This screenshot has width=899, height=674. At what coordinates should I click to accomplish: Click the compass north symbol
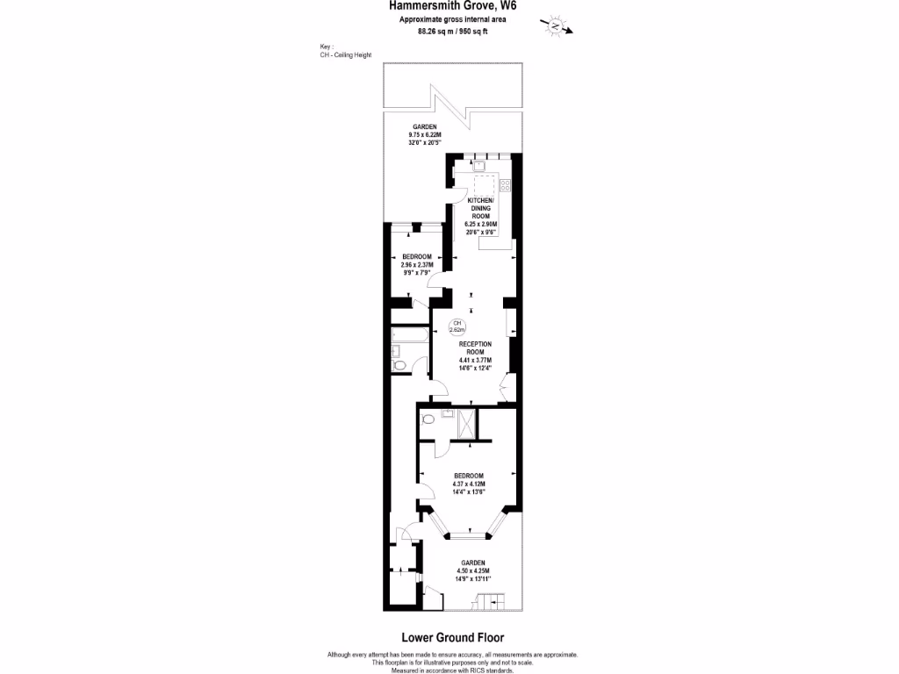556,25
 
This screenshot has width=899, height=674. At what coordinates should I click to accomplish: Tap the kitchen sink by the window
480,164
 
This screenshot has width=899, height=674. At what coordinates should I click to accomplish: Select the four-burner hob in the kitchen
506,185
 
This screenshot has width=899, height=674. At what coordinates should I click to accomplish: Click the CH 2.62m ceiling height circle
457,327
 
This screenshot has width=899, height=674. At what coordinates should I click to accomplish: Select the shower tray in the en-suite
465,423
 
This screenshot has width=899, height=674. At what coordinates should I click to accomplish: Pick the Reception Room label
475,348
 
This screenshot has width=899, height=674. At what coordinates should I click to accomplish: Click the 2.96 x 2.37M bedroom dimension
417,264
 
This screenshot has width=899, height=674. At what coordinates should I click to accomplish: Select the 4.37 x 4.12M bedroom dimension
469,484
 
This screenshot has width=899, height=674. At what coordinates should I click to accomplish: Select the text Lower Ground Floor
452,638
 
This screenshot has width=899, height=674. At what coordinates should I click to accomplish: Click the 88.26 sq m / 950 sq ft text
453,32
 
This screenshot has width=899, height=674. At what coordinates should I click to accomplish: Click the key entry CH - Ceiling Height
346,54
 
